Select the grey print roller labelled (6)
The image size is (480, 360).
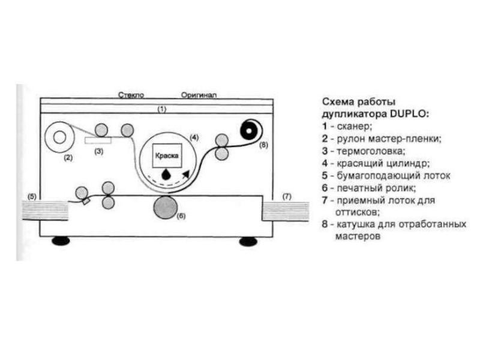tap(165, 208)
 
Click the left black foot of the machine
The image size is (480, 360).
tap(61, 241)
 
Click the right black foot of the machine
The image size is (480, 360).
tap(247, 241)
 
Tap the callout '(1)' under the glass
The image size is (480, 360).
tap(161, 109)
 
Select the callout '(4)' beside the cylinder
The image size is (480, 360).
tap(194, 137)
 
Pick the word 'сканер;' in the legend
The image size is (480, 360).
tap(355, 126)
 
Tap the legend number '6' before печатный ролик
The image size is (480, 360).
tap(324, 188)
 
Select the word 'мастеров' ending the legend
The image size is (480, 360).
tap(358, 237)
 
